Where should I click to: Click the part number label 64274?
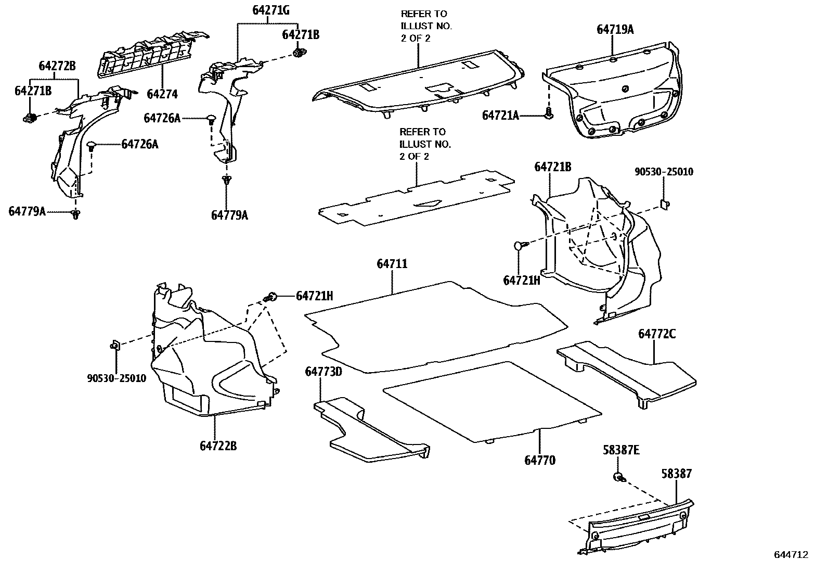(162, 94)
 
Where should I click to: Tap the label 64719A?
(615, 30)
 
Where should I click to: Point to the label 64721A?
(500, 116)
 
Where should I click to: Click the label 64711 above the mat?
(392, 264)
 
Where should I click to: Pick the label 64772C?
(657, 334)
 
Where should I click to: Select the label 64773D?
(324, 372)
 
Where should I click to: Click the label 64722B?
(218, 446)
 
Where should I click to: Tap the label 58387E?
(621, 450)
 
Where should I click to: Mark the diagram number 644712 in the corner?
(791, 555)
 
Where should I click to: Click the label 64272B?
(57, 66)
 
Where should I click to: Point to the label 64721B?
(553, 167)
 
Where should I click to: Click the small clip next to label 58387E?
(619, 477)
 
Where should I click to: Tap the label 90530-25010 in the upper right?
(664, 172)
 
